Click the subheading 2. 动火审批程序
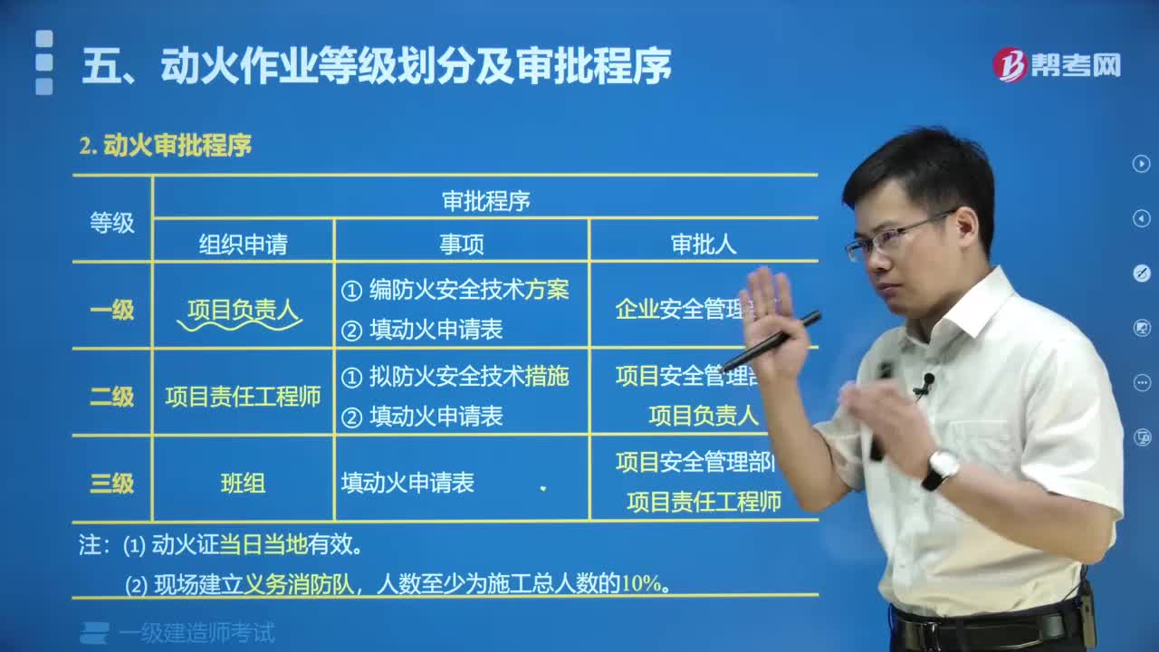(165, 145)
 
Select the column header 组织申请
(243, 244)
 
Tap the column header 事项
(462, 244)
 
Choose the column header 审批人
(703, 244)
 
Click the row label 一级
(111, 310)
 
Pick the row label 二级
(111, 396)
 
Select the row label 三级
(111, 483)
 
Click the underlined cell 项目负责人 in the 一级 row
(243, 311)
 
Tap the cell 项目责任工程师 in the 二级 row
(243, 397)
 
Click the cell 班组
(243, 483)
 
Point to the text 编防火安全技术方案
(468, 290)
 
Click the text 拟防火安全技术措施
(468, 377)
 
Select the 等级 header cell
(111, 223)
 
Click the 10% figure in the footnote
(641, 584)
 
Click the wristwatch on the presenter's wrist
(942, 467)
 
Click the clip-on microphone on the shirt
(924, 386)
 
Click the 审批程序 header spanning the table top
(485, 201)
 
